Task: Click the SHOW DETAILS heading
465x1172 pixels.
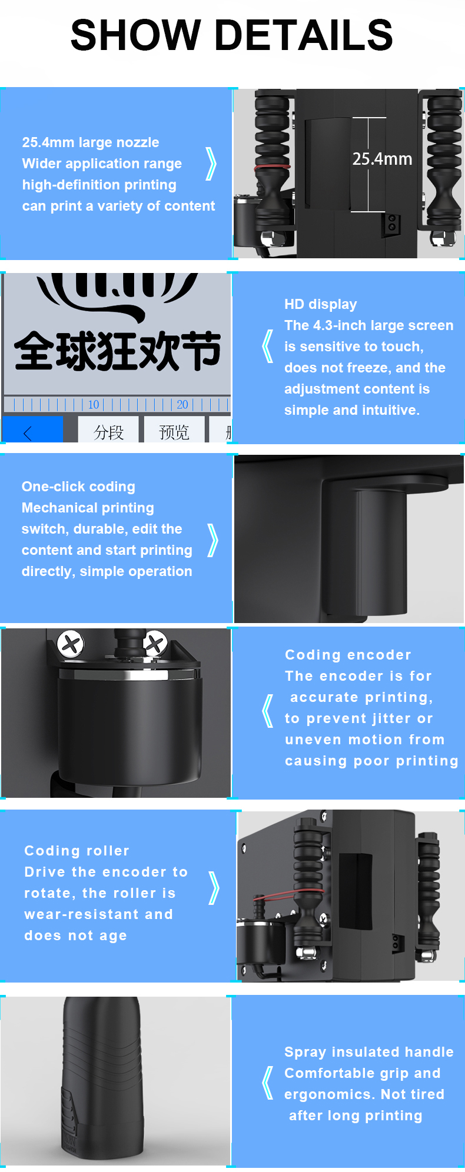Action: coord(232,34)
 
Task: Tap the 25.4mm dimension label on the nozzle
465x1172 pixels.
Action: coord(382,159)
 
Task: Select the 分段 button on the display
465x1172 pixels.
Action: coord(108,432)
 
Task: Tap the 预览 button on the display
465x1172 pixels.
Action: coord(174,432)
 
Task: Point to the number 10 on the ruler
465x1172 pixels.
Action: coord(94,404)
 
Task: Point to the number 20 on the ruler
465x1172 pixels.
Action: coord(182,404)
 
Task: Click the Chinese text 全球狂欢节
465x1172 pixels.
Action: coord(118,351)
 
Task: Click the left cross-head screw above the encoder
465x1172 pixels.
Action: coord(71,644)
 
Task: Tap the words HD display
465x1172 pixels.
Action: coord(320,304)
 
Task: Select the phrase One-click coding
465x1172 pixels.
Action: coord(78,487)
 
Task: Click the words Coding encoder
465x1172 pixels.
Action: coord(348,655)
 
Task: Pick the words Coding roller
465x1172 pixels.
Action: coord(77,851)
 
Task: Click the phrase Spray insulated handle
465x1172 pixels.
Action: coord(369,1052)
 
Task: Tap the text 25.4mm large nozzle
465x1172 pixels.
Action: coord(91,142)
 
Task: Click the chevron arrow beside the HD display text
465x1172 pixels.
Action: coord(267,346)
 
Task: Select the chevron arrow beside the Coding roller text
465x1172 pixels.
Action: coord(214,888)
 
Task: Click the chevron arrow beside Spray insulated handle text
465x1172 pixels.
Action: coord(268,1083)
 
